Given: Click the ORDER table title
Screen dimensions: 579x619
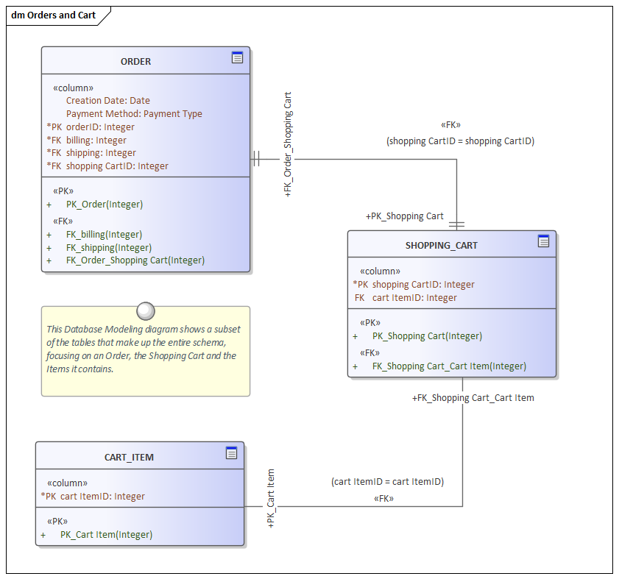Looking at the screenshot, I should (135, 62).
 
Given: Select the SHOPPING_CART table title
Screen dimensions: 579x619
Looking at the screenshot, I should (441, 246).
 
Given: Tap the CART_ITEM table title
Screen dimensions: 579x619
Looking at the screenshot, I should (129, 458).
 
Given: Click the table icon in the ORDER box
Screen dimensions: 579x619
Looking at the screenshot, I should (237, 57).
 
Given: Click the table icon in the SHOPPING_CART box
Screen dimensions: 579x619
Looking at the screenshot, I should (543, 241).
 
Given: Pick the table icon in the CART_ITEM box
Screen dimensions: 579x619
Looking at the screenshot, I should (231, 453).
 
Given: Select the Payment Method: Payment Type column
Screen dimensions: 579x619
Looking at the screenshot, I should (134, 114).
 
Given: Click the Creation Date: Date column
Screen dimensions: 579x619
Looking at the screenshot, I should (107, 101).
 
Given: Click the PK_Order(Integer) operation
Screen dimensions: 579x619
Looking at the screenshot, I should (104, 205).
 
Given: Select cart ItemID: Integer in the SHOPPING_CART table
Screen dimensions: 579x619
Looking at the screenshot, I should (414, 298).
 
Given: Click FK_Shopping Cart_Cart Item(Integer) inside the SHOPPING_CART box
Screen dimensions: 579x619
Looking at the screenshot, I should (449, 366).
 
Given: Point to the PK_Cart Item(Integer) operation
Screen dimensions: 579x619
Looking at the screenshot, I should (106, 535).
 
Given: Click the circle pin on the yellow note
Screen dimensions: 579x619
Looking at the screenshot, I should (146, 310).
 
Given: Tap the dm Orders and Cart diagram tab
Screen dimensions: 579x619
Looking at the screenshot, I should (54, 15).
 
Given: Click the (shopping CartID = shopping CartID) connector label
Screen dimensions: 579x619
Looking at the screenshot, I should (460, 141).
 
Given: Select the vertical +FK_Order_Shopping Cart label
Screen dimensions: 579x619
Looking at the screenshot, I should (288, 144).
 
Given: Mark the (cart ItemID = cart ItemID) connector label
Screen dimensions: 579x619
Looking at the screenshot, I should (387, 482).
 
